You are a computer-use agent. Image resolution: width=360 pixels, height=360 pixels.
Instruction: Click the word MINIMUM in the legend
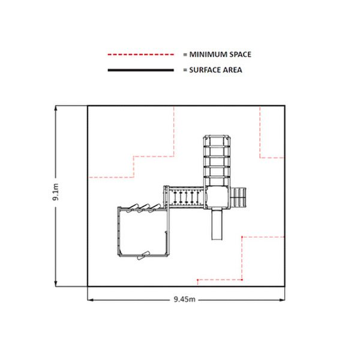(x=208, y=55)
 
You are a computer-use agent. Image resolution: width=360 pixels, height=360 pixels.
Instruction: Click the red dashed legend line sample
(x=141, y=55)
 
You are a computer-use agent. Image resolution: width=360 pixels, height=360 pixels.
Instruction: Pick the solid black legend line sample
(x=141, y=70)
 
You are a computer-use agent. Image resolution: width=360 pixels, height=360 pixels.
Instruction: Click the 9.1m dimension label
(x=56, y=192)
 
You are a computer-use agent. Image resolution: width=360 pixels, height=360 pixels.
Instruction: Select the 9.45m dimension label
(x=185, y=299)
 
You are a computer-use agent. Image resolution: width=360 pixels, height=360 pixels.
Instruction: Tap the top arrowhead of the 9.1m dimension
(x=56, y=109)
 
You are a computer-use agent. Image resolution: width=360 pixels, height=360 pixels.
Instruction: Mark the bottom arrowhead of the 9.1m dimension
(x=56, y=284)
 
